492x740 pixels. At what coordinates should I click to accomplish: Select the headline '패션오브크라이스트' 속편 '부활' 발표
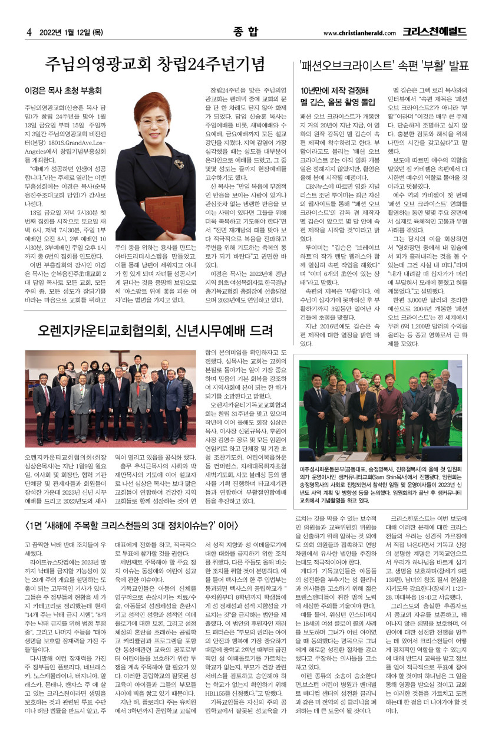click(387, 66)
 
